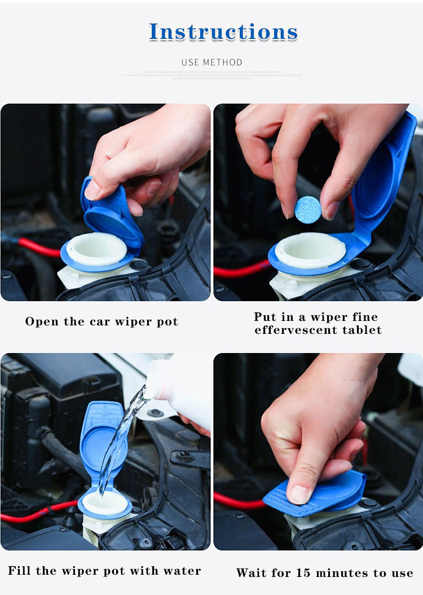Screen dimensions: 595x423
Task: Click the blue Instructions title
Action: (x=223, y=32)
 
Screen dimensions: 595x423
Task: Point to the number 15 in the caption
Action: (x=304, y=573)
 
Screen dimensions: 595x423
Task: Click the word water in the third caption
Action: (x=182, y=571)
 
